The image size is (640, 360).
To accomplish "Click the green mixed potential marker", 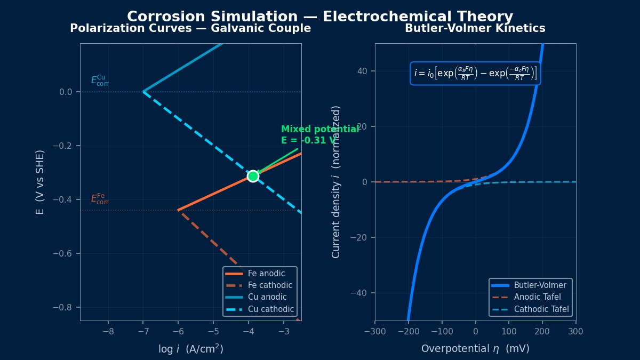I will (x=253, y=176).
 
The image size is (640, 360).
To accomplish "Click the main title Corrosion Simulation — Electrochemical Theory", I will (x=320, y=17).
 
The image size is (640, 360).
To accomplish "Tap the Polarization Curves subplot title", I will (x=190, y=29).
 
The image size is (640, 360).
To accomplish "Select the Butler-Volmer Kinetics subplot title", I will (x=475, y=29).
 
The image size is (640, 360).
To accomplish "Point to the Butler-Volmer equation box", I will (x=475, y=73).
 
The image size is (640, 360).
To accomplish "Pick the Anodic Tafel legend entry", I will (x=537, y=297).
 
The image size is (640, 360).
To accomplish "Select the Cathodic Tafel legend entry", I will (x=541, y=309).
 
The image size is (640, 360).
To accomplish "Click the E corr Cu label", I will (x=100, y=81).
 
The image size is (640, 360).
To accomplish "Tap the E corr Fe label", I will (x=100, y=199).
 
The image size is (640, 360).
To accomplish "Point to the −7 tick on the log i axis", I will (x=143, y=331).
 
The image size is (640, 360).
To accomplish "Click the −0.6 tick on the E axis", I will (x=62, y=253).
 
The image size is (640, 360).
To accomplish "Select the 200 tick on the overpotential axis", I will (x=542, y=331).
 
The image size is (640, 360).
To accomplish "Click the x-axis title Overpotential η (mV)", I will (x=475, y=349).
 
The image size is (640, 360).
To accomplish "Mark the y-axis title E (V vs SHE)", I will (x=40, y=182).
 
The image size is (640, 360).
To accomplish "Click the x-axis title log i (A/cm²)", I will (x=190, y=349).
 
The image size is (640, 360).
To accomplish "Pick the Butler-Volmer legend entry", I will (x=540, y=285).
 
